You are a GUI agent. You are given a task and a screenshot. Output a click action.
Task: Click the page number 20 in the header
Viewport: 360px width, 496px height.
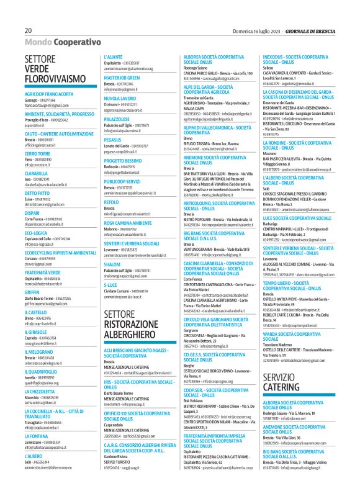(x=29, y=30)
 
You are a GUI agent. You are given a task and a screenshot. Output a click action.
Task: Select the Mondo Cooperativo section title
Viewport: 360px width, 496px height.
(x=63, y=43)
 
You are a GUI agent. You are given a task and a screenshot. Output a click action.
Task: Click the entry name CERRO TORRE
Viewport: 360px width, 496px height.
(x=38, y=153)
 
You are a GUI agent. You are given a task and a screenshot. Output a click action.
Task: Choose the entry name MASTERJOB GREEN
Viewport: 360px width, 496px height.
(x=122, y=78)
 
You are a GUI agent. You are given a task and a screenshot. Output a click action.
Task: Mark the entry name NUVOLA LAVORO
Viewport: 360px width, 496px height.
(x=120, y=98)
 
